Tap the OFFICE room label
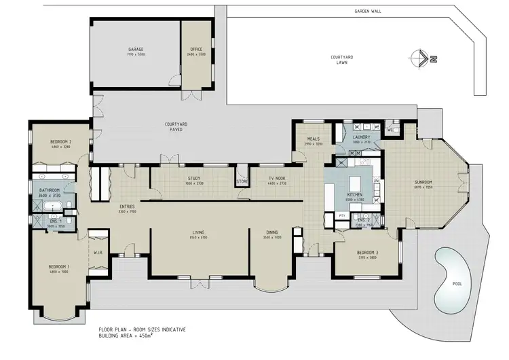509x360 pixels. (195, 50)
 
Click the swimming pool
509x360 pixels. (451, 274)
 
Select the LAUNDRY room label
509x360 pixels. (360, 137)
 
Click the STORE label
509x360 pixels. (242, 181)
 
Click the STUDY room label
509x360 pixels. (193, 179)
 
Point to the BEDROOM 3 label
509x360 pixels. (362, 253)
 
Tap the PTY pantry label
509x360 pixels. (342, 215)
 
